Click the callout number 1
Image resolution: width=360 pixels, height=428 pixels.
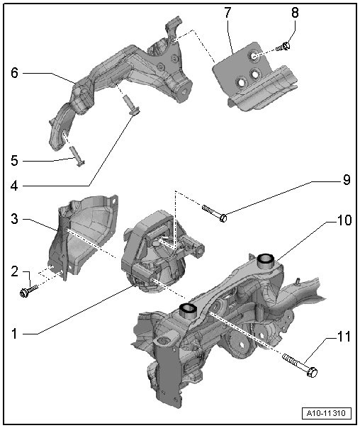[14, 334]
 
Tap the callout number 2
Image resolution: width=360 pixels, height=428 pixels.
[14, 271]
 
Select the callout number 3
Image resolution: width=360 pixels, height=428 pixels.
[14, 219]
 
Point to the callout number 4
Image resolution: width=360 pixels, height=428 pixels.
[14, 186]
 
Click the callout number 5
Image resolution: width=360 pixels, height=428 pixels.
[14, 160]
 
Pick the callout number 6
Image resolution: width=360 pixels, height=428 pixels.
[14, 73]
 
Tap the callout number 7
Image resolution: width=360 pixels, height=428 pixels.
[227, 13]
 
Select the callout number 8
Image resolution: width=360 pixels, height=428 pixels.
[295, 13]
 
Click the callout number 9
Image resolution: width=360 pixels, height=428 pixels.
[347, 179]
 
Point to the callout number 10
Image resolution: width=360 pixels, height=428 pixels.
[344, 220]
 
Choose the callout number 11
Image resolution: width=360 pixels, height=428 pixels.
[344, 337]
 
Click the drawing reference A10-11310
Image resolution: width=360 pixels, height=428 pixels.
[326, 412]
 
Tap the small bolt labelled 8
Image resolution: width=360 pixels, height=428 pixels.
[283, 47]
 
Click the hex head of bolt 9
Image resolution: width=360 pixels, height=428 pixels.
[223, 218]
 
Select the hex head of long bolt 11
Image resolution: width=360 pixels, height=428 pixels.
[313, 372]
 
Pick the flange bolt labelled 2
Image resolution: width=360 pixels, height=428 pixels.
[28, 290]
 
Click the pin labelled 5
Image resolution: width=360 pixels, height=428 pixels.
[77, 156]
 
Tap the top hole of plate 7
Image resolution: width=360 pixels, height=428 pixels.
[254, 55]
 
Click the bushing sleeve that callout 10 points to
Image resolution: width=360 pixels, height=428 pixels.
[266, 259]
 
